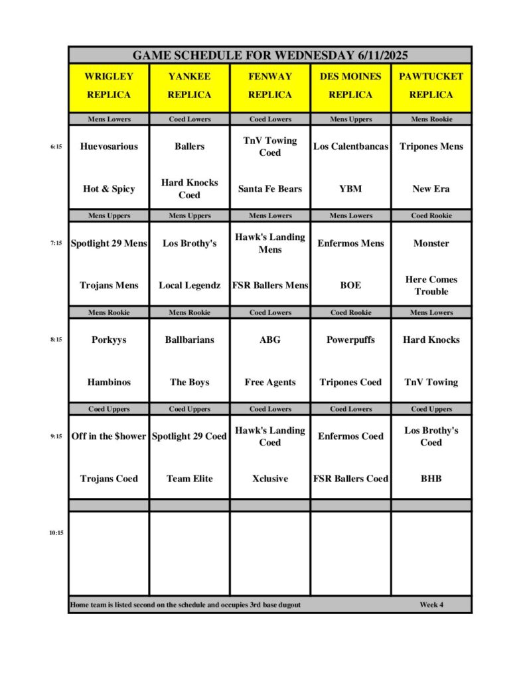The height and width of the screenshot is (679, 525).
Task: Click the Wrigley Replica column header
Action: click(109, 86)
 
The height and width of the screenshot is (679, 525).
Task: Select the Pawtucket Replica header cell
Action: click(431, 86)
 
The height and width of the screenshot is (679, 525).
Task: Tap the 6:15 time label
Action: click(56, 147)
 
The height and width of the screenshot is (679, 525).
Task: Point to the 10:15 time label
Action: click(56, 532)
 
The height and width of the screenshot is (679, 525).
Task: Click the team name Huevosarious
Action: click(109, 147)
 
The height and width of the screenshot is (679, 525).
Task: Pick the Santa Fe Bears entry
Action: click(269, 189)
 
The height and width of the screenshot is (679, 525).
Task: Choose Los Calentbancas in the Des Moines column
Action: click(350, 147)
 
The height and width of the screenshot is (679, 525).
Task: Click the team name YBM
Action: click(350, 189)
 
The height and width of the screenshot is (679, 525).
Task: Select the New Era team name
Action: click(431, 189)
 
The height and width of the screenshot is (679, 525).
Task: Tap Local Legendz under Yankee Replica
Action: click(189, 286)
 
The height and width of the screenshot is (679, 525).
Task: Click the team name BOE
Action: click(350, 286)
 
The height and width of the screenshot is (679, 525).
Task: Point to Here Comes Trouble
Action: click(431, 286)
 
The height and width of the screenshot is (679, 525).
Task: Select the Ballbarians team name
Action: click(189, 340)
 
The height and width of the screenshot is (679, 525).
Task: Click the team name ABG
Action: click(269, 340)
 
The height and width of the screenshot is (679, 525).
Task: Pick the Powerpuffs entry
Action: click(350, 340)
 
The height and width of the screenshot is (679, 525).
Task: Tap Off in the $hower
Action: click(109, 436)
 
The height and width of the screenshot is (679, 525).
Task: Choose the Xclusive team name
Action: click(269, 479)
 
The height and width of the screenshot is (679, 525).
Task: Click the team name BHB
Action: click(431, 479)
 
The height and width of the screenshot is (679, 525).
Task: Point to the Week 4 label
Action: click(431, 605)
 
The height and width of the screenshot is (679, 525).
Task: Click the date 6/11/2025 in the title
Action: click(377, 55)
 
